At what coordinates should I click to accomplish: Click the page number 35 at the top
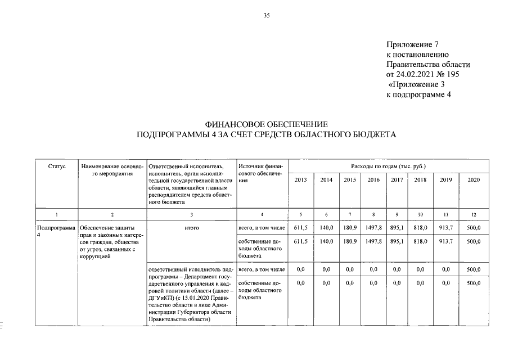point(267,15)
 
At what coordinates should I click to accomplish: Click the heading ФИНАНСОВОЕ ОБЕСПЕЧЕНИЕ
point(267,124)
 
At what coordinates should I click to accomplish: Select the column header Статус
point(56,166)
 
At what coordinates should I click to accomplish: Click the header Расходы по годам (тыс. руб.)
point(388,166)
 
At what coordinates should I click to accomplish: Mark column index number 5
point(300,215)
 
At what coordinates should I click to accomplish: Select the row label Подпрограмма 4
point(55,231)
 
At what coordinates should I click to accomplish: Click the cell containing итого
point(192,227)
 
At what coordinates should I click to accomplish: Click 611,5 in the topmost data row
point(300,227)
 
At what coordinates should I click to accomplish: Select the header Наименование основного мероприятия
point(112,170)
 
